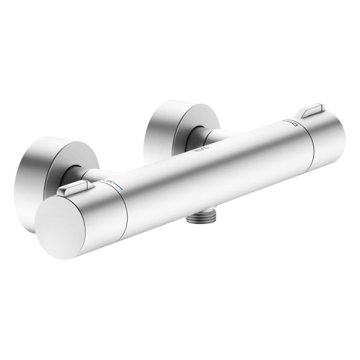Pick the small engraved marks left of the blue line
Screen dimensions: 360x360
click(x=106, y=181)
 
